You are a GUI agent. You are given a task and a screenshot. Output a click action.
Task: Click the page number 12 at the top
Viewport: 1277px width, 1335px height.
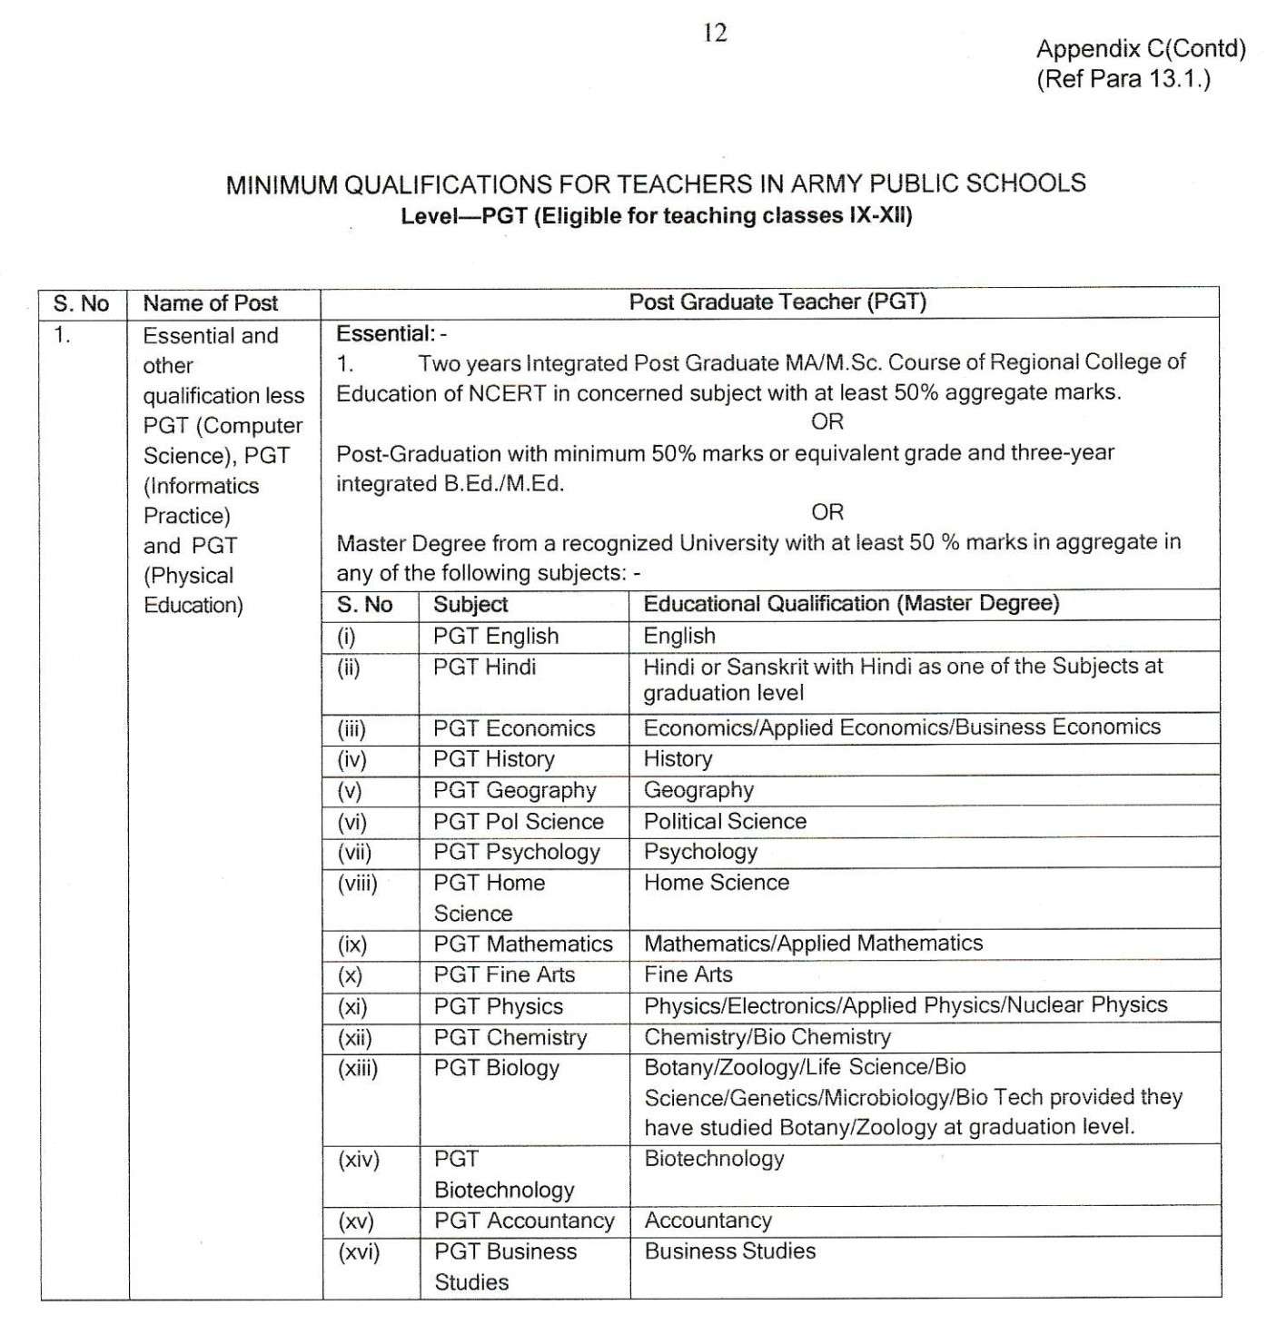[715, 34]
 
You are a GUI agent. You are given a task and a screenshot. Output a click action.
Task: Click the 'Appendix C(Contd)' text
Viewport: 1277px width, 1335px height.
[1141, 49]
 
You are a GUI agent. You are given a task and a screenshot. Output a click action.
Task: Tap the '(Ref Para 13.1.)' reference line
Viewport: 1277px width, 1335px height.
[1124, 79]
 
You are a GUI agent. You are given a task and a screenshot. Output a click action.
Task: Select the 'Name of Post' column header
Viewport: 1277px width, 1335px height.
[210, 303]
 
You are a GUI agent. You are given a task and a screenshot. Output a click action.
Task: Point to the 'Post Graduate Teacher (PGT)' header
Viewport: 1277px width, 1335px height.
[777, 302]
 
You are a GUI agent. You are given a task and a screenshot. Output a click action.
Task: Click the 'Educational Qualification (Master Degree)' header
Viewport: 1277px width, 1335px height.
[851, 604]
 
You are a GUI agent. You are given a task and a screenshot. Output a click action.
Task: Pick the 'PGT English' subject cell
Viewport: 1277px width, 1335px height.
[495, 636]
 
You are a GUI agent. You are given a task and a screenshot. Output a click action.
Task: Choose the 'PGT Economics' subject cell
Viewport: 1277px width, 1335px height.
[513, 728]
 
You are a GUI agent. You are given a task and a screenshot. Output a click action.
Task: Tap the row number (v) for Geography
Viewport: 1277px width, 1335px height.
[350, 791]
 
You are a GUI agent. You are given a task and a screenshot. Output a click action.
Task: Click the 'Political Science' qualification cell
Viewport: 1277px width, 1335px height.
[725, 822]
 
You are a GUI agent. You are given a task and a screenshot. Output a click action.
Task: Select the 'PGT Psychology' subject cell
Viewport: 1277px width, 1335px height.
[516, 853]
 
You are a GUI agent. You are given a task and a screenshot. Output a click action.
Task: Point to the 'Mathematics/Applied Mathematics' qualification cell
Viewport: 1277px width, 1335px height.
[813, 944]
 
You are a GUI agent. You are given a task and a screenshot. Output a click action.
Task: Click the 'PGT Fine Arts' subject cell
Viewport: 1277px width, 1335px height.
[504, 975]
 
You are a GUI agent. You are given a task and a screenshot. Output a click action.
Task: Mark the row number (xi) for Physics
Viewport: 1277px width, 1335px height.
[352, 1007]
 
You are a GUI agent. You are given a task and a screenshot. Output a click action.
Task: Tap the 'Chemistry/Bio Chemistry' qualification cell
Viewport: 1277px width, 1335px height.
[767, 1037]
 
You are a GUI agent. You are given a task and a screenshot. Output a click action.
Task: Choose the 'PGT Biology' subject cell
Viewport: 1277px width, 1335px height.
[496, 1068]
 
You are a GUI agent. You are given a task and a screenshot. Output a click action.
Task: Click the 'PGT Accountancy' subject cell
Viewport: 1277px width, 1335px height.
[523, 1221]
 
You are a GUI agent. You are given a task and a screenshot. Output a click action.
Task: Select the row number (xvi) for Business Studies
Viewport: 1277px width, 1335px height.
[358, 1252]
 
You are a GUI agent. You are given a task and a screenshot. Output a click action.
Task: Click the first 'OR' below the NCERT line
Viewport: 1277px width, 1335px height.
[827, 421]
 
